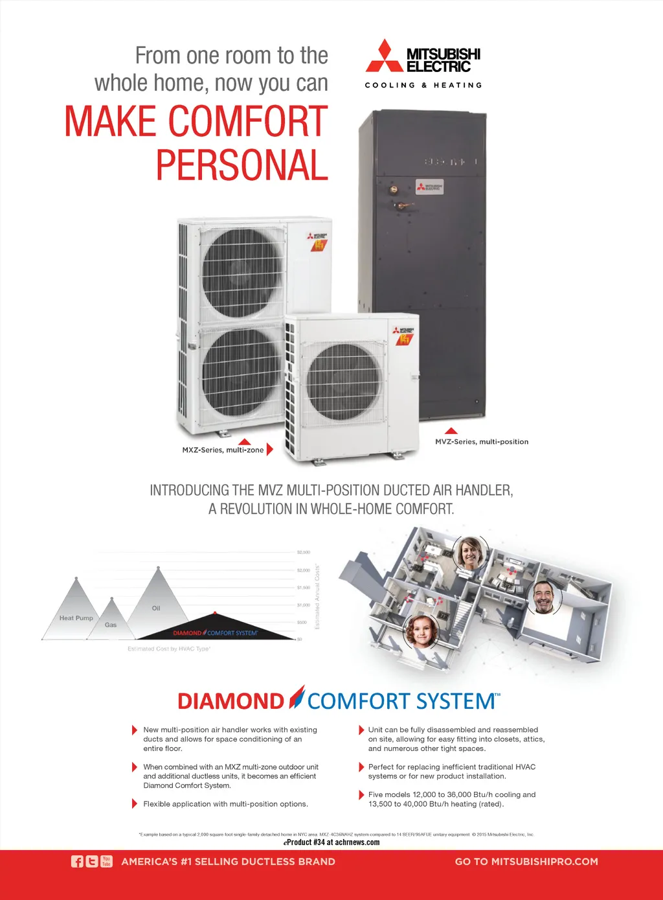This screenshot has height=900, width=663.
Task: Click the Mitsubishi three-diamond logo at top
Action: pyautogui.click(x=385, y=56)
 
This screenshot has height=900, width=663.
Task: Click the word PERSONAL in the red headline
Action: pyautogui.click(x=242, y=165)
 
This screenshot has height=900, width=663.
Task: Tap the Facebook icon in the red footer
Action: pyautogui.click(x=77, y=861)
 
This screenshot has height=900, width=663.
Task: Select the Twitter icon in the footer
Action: pyautogui.click(x=92, y=861)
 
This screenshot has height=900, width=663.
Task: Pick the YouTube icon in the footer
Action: pyautogui.click(x=106, y=861)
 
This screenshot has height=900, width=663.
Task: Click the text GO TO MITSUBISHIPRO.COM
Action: pyautogui.click(x=526, y=861)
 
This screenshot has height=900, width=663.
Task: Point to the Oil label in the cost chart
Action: pyautogui.click(x=156, y=608)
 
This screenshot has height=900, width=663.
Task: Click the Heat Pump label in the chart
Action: pyautogui.click(x=76, y=618)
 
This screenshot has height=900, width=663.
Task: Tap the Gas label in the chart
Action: pyautogui.click(x=111, y=625)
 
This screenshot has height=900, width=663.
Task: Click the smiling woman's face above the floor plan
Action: pyautogui.click(x=471, y=553)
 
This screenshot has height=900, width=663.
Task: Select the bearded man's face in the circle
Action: pyautogui.click(x=544, y=597)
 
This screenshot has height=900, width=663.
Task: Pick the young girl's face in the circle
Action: pyautogui.click(x=422, y=630)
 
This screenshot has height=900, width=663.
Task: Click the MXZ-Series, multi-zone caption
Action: pyautogui.click(x=223, y=450)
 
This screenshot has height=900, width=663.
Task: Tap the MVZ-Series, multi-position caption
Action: pyautogui.click(x=482, y=442)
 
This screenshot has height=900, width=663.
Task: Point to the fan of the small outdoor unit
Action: pyautogui.click(x=343, y=382)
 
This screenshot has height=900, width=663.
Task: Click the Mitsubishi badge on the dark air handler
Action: pyautogui.click(x=429, y=187)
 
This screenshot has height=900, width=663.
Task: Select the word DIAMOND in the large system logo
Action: pyautogui.click(x=231, y=701)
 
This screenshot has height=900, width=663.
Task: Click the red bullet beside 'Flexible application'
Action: pyautogui.click(x=135, y=804)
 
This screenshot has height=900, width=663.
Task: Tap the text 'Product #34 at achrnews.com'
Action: pyautogui.click(x=331, y=842)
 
